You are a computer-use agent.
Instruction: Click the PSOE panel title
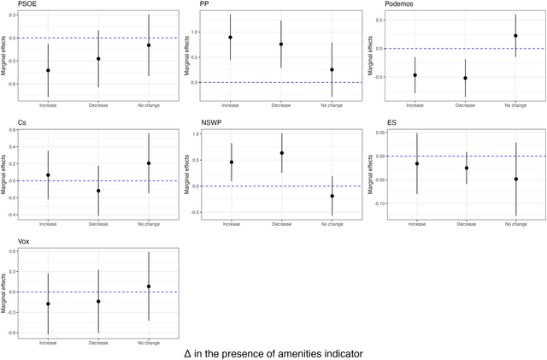point(26,5)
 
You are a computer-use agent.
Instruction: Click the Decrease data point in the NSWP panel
point(281,153)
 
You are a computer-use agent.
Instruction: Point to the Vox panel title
point(24,242)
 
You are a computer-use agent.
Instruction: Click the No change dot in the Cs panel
point(148,163)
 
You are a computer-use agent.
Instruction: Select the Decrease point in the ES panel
point(466,168)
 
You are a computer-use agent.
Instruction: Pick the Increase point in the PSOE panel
point(48,70)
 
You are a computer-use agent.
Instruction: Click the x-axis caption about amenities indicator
point(273,352)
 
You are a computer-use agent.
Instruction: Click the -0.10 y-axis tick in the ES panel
point(376,204)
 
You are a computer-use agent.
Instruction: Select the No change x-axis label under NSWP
point(332,224)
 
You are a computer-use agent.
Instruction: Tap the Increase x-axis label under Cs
point(48,224)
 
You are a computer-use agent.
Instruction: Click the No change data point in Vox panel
point(148,286)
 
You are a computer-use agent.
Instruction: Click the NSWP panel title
point(211,123)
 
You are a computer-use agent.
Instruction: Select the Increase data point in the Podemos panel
point(415,75)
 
